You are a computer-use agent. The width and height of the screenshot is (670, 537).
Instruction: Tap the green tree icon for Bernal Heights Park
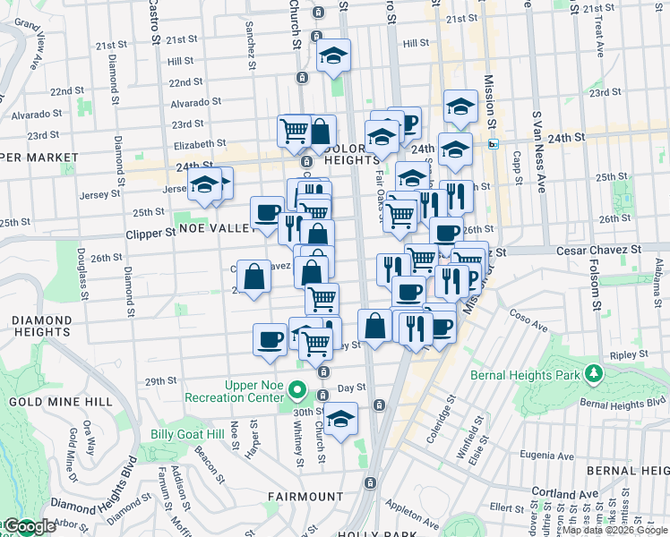click(x=591, y=371)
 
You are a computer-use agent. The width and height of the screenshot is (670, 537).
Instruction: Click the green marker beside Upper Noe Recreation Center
click(x=302, y=392)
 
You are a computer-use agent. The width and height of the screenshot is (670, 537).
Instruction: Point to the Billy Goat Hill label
click(x=186, y=434)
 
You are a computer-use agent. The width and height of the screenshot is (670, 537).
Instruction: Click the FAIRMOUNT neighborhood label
click(x=298, y=495)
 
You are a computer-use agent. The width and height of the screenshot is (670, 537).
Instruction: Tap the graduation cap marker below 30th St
click(x=340, y=419)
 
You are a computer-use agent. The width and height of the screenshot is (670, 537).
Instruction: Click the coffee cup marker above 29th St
click(x=270, y=339)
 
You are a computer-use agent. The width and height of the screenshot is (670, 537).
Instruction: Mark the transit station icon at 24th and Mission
click(x=493, y=144)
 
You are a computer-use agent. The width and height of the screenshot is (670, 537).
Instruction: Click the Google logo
click(x=28, y=526)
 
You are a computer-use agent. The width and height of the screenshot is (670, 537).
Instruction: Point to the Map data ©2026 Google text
click(x=615, y=530)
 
